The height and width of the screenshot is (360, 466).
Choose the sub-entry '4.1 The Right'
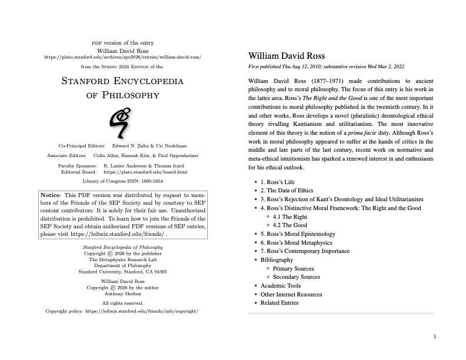coord(290,216)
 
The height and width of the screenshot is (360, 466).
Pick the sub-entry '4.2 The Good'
coord(291,225)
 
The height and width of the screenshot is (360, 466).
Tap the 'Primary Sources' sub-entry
coord(293,268)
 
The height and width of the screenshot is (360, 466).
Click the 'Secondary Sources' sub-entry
coord(297,277)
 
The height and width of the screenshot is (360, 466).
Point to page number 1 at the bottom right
coord(434,336)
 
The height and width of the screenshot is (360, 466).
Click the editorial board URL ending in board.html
coord(145,172)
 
